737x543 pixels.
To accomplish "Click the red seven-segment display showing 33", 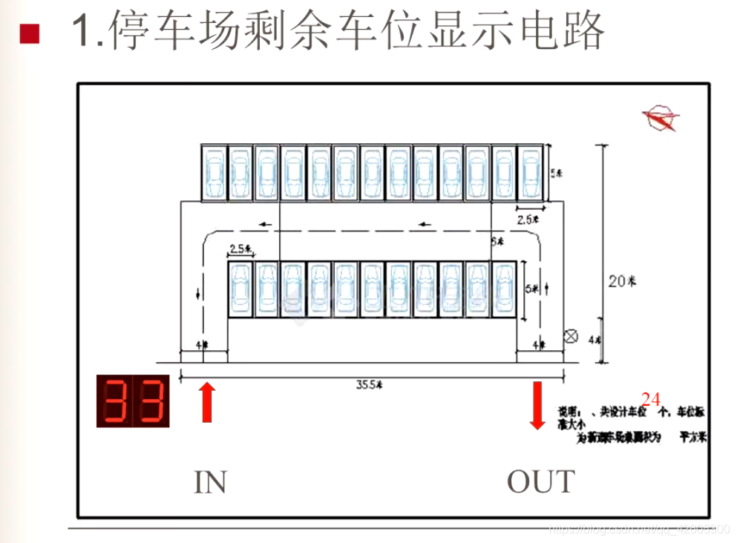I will pyautogui.click(x=133, y=401).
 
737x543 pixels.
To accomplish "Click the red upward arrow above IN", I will pyautogui.click(x=208, y=401).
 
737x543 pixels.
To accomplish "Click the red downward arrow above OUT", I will pyautogui.click(x=537, y=404).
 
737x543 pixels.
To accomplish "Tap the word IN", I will pyautogui.click(x=210, y=481).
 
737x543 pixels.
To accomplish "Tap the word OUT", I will pyautogui.click(x=540, y=481).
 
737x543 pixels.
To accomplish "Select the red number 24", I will pyautogui.click(x=651, y=399).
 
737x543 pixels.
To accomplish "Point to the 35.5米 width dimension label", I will pyautogui.click(x=369, y=384).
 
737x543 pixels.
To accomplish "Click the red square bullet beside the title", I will pyautogui.click(x=29, y=33).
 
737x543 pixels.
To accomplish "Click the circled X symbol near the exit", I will pyautogui.click(x=571, y=336).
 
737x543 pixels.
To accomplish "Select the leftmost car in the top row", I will pyautogui.click(x=214, y=172).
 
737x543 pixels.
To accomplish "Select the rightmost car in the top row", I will pyautogui.click(x=529, y=172).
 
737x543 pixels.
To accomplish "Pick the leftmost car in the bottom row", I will pyautogui.click(x=240, y=289).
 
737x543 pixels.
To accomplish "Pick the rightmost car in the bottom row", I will pyautogui.click(x=504, y=289).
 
